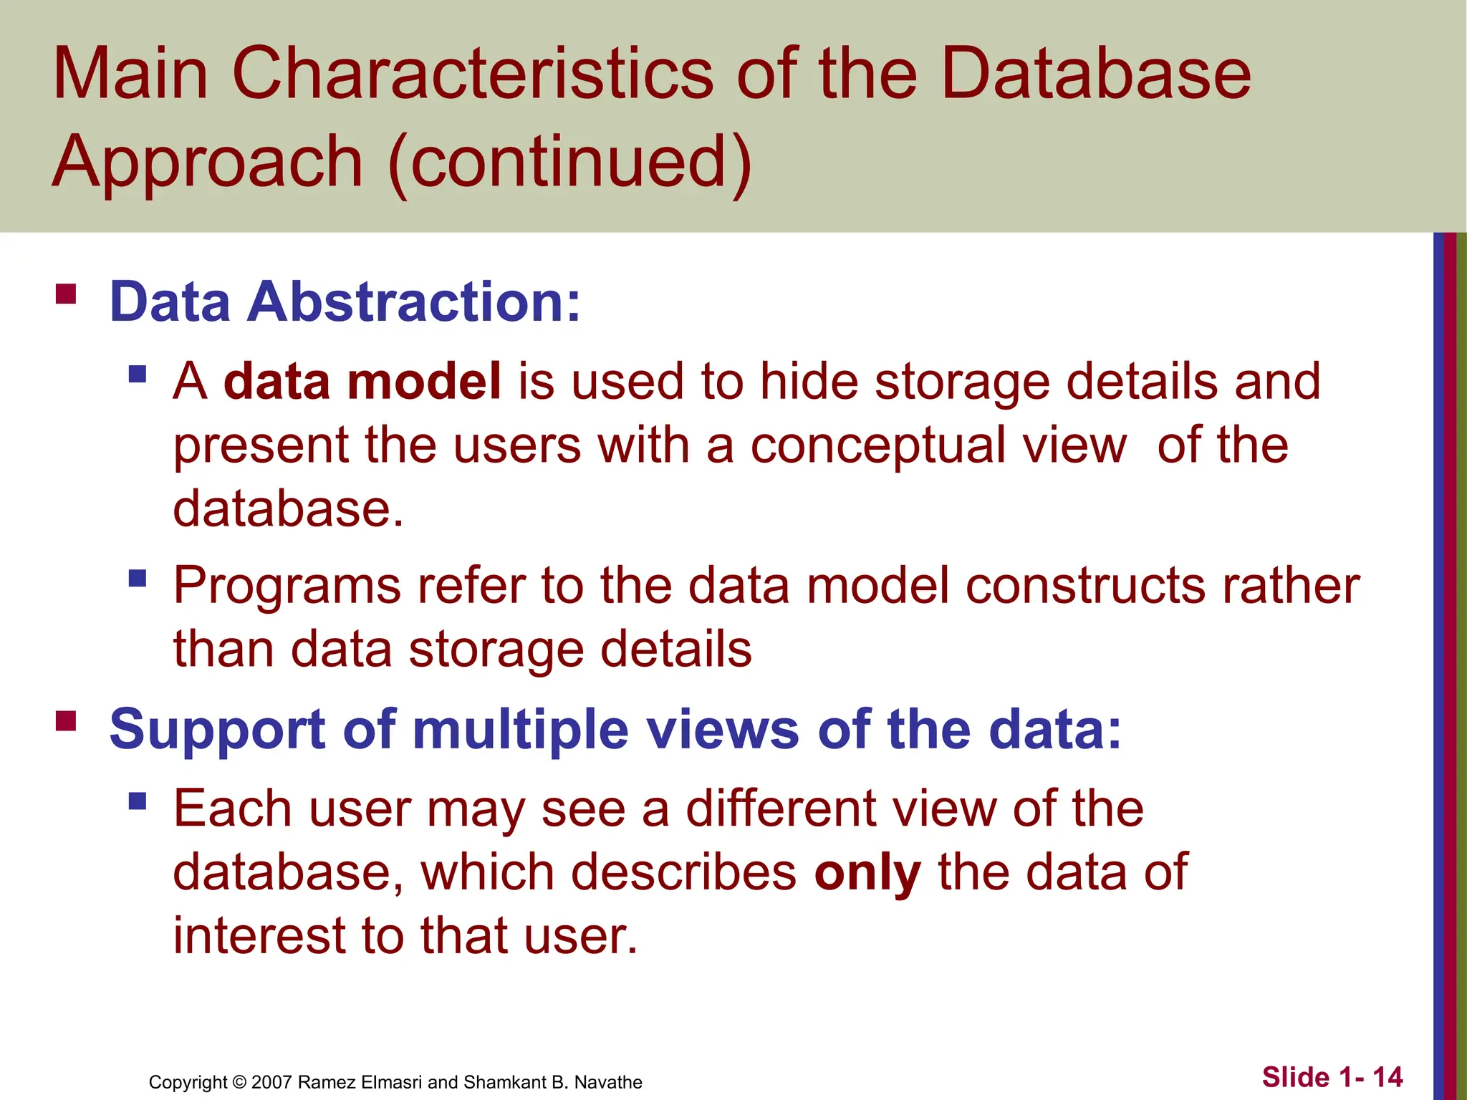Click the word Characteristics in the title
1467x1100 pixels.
[473, 74]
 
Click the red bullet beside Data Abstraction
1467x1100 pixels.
[66, 294]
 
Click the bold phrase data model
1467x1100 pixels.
[362, 381]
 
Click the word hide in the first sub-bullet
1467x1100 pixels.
[809, 381]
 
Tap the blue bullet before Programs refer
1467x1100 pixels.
[138, 578]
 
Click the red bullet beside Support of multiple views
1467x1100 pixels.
[66, 720]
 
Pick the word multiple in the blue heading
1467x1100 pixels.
[521, 730]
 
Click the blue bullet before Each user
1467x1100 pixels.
[138, 800]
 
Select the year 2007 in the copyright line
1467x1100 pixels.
[271, 1082]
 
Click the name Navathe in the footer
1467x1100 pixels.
[608, 1082]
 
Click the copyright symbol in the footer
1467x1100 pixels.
[239, 1082]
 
